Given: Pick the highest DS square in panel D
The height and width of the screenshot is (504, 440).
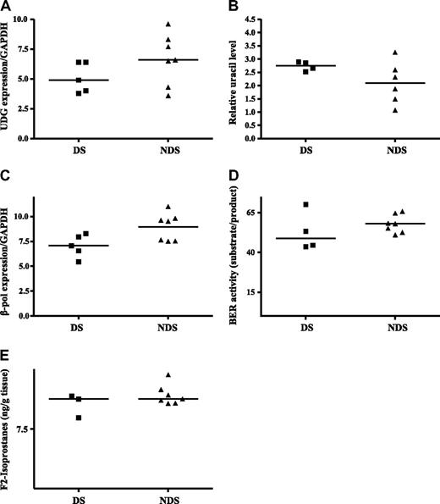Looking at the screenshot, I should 306,205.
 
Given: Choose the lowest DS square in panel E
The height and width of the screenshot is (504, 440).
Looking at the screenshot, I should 80,418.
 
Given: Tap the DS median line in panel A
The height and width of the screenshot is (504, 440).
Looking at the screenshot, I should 80,80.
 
